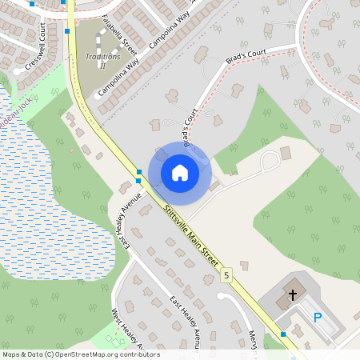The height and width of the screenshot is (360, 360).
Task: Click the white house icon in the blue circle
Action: click(179, 173)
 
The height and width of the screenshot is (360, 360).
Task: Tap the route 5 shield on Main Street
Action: click(226, 275)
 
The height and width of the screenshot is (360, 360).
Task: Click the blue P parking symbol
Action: click(318, 318)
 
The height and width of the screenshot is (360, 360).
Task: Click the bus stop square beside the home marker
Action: click(139, 172)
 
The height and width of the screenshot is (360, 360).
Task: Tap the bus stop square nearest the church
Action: click(282, 334)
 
